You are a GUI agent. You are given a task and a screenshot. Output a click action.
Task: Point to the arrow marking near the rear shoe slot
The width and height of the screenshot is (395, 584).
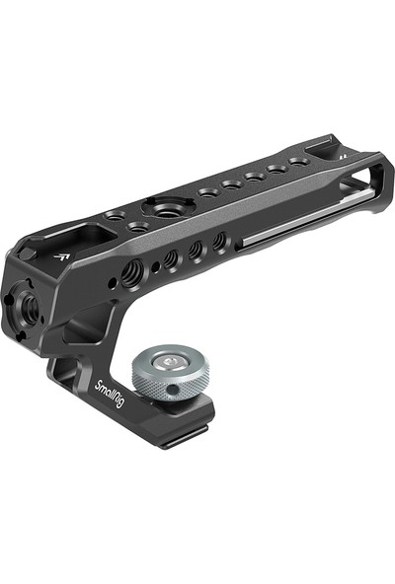pyautogui.click(x=340, y=157)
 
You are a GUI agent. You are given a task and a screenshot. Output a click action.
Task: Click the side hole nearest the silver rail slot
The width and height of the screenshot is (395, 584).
pyautogui.click(x=219, y=241)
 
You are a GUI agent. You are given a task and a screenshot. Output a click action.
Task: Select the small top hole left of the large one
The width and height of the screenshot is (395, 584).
pyautogui.click(x=114, y=214)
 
